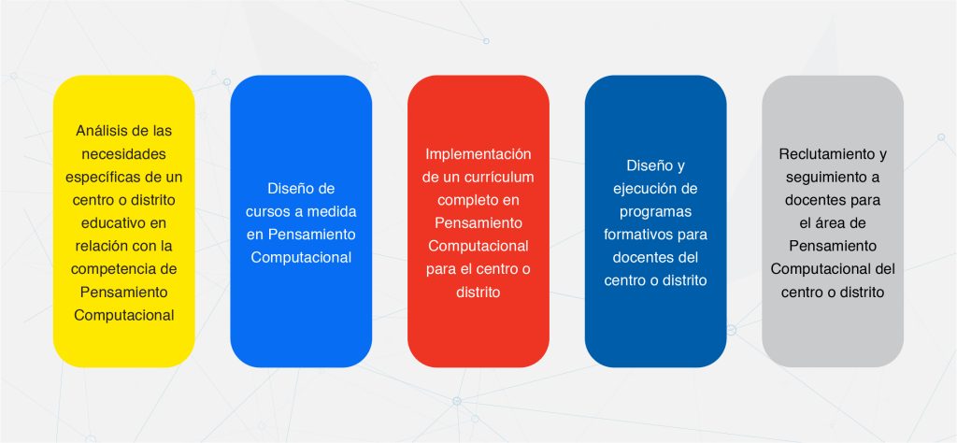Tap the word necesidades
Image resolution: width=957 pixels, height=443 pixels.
click(124, 154)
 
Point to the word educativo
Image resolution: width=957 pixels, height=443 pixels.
click(112, 222)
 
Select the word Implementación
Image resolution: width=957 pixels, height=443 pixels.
click(478, 154)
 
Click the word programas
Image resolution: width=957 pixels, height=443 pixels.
click(655, 212)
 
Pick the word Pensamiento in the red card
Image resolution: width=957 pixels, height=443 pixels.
click(478, 223)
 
